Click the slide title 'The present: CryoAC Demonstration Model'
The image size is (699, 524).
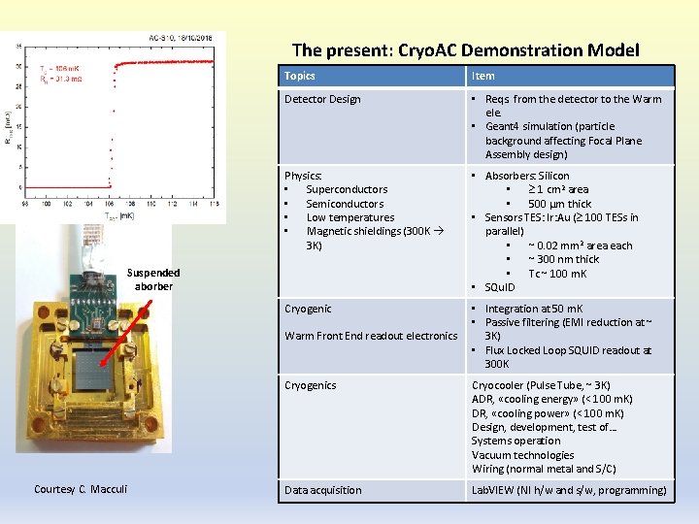point(465,50)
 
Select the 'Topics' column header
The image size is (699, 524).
point(300,76)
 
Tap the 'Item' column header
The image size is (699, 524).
point(483,76)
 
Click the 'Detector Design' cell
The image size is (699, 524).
point(322,99)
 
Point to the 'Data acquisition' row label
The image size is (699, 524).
point(322,490)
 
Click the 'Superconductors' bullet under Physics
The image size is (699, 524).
point(347,189)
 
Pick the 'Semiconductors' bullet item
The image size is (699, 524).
point(345,204)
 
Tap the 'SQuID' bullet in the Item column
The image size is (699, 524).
point(502,287)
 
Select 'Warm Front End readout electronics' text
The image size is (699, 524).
point(371,336)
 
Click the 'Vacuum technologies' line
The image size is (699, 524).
point(522,455)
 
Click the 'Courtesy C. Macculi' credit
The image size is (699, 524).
point(81,488)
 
